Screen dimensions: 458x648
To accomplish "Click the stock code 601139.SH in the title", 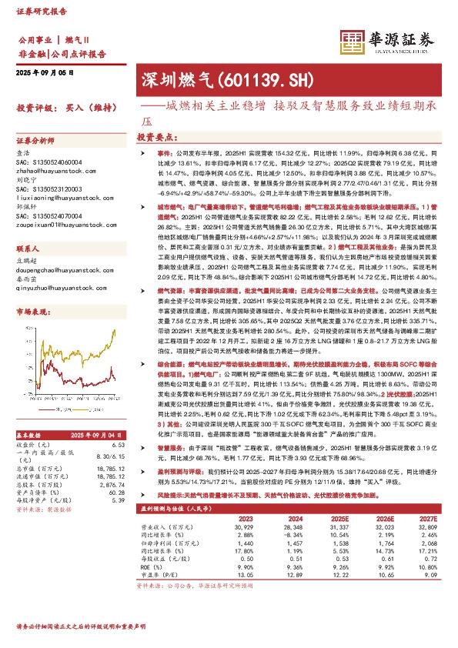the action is (x=254, y=78).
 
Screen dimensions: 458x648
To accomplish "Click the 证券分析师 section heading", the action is (x=36, y=142).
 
